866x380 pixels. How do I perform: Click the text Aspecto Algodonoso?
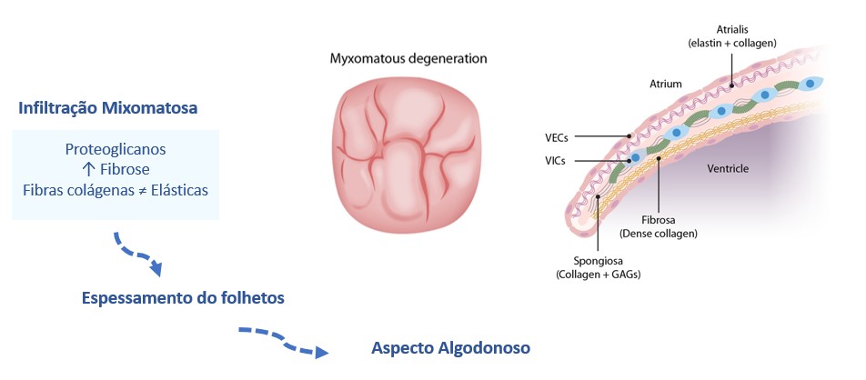450,348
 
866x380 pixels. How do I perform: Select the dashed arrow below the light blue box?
138,254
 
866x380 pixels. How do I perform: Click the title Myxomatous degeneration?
408,59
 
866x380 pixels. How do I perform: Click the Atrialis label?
730,29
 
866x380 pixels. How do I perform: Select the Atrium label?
665,84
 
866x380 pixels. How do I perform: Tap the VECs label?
557,138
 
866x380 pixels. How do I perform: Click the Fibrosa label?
657,220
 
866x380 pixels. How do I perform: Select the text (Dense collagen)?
657,234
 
